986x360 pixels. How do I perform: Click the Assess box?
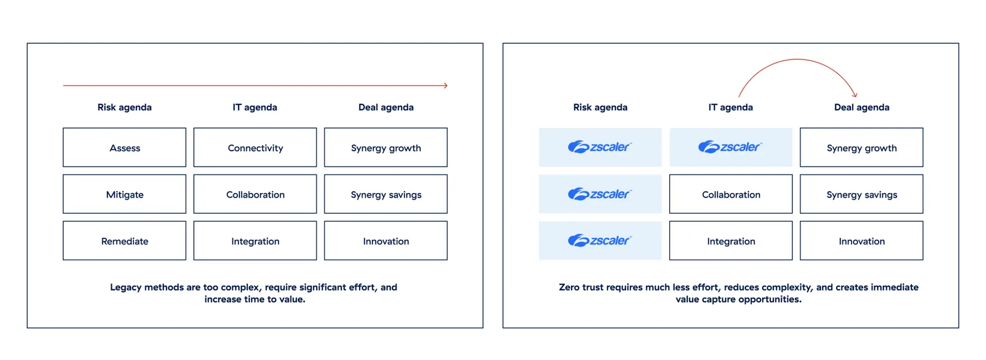click(x=124, y=148)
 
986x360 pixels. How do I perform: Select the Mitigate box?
click(x=124, y=195)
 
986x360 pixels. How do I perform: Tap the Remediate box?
click(x=124, y=241)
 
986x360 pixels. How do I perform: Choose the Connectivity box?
click(x=255, y=148)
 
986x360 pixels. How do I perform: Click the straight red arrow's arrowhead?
click(x=445, y=86)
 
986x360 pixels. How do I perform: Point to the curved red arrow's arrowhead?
click(x=855, y=94)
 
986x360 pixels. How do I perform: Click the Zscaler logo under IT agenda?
click(x=730, y=147)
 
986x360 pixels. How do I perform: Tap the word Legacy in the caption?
click(x=125, y=287)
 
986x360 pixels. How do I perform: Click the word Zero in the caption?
click(x=569, y=287)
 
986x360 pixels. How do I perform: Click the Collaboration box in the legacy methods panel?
click(x=255, y=195)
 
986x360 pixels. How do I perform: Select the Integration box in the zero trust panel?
click(x=731, y=241)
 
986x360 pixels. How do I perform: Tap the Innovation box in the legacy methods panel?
click(x=386, y=241)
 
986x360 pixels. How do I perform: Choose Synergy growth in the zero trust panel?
click(x=861, y=148)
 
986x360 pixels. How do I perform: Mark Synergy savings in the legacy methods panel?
click(x=386, y=195)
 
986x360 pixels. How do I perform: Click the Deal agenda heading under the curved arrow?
click(x=861, y=107)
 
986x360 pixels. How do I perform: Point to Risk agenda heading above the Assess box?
click(x=124, y=107)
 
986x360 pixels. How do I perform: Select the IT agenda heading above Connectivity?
click(x=255, y=107)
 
